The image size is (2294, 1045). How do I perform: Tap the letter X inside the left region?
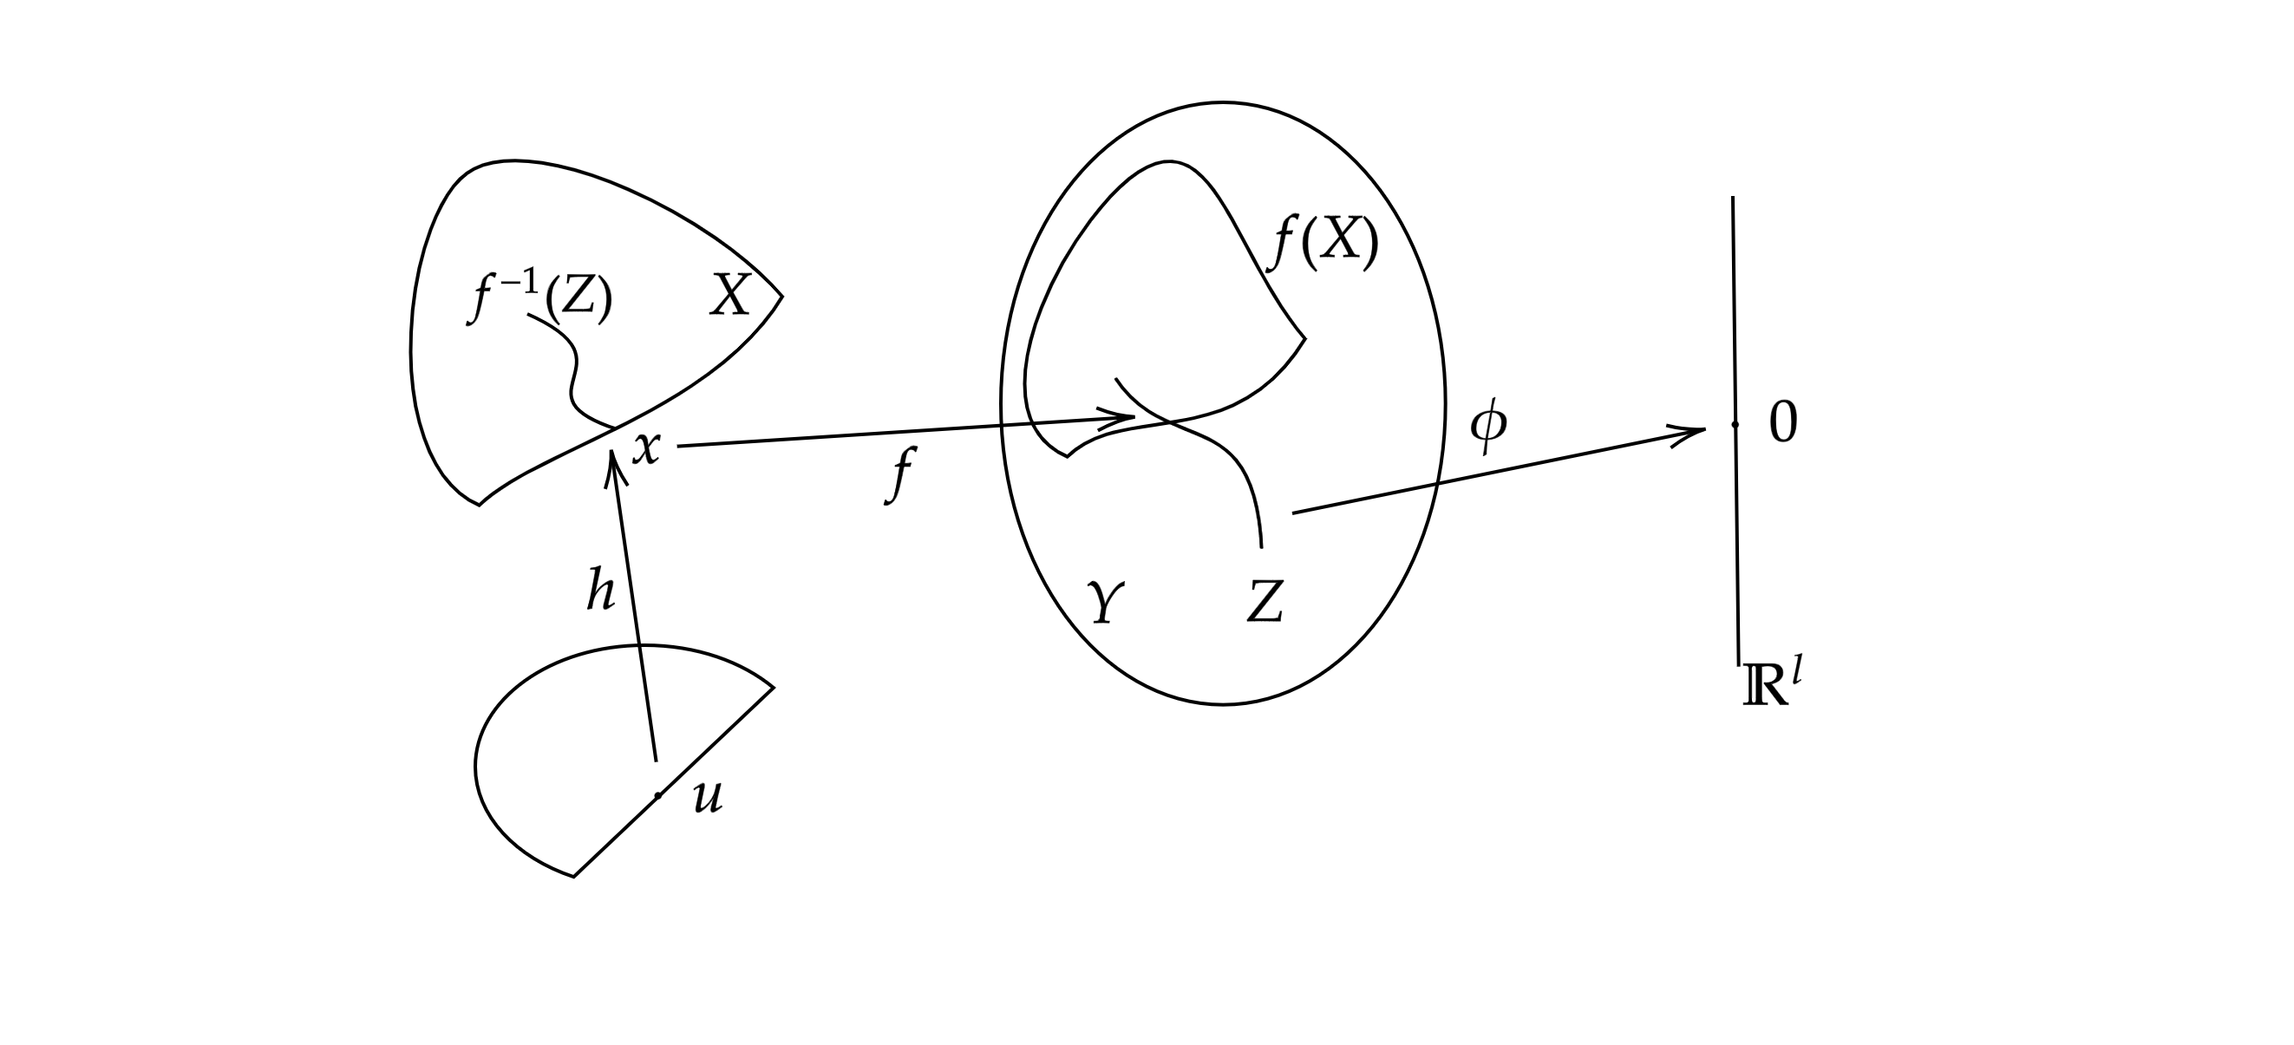(x=729, y=296)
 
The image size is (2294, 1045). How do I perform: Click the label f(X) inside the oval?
(x=1326, y=242)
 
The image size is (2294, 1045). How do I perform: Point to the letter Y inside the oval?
(x=1105, y=604)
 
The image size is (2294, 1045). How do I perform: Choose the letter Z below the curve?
(x=1265, y=602)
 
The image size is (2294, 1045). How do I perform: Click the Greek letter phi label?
(x=1488, y=427)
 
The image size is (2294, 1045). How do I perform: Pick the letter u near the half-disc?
(x=708, y=799)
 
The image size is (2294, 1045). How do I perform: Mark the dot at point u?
(x=657, y=795)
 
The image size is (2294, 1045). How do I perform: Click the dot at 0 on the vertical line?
(x=1735, y=425)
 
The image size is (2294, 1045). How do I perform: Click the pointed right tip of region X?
(x=782, y=296)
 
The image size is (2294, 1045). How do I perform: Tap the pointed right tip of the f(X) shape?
(x=1304, y=338)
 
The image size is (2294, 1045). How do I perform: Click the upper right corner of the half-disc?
(x=773, y=687)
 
